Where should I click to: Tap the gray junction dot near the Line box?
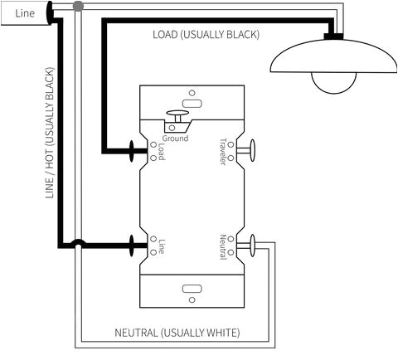click(x=78, y=7)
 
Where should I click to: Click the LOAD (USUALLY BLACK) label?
click(x=206, y=35)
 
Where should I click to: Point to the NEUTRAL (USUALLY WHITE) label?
click(x=177, y=333)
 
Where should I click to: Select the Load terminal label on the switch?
click(x=161, y=151)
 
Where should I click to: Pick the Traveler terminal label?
click(x=222, y=151)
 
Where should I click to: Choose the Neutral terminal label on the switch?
click(x=222, y=246)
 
